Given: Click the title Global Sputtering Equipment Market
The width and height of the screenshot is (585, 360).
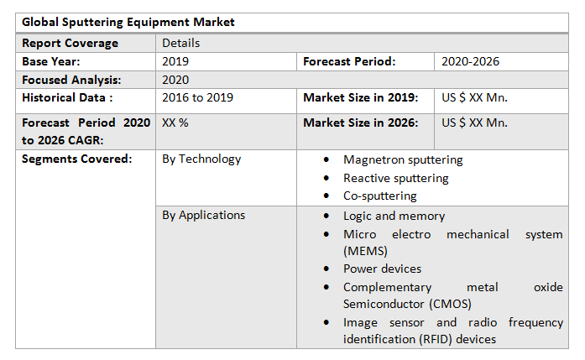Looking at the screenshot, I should (128, 22).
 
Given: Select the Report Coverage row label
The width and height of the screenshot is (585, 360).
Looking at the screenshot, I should (71, 43).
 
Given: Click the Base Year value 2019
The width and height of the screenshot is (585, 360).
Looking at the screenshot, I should (175, 61).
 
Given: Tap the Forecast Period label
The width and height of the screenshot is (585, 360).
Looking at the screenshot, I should (349, 61).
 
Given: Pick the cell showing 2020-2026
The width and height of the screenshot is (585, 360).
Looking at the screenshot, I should (471, 61).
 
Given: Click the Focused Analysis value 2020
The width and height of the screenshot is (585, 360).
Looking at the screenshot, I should (175, 80).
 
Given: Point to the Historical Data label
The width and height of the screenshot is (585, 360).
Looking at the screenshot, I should (67, 98).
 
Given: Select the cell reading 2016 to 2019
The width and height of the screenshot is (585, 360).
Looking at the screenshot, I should (197, 98).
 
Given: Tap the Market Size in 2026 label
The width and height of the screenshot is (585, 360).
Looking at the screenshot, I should (360, 123).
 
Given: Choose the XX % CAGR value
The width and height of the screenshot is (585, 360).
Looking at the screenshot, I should (175, 123).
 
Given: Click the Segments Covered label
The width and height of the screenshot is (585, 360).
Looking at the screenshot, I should (76, 159).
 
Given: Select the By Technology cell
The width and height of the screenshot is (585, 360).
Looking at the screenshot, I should (201, 159).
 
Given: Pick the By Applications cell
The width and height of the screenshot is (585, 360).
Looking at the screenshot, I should (204, 215).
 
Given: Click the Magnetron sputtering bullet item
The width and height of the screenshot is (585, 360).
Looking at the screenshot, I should (403, 159).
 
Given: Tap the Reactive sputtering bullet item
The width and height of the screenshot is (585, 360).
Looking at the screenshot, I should (395, 178).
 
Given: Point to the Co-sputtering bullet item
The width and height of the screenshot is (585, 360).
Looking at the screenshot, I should (379, 196).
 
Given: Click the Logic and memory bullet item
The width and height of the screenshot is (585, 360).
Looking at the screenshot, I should (394, 216).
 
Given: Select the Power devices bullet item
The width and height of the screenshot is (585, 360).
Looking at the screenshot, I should (382, 269).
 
